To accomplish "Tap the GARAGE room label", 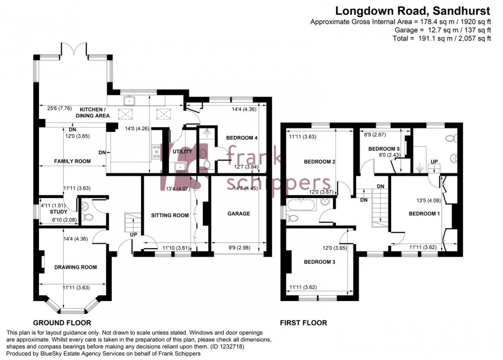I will [x=239, y=213].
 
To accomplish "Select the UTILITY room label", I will [x=183, y=152].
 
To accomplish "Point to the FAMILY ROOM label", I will [x=72, y=161].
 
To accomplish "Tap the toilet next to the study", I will [x=87, y=217].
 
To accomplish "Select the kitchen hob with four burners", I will [x=156, y=151].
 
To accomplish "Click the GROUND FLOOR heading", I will [x=62, y=323].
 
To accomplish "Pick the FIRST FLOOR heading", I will [x=303, y=323].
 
